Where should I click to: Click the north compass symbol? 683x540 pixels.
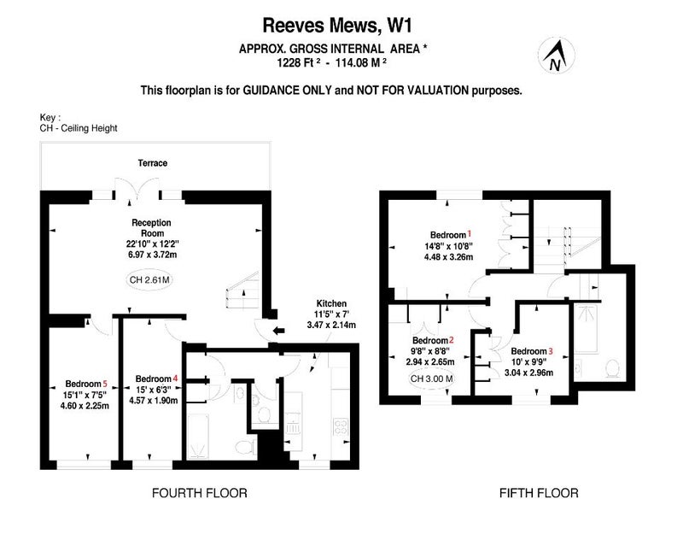(557, 56)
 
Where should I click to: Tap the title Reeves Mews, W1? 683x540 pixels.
(336, 26)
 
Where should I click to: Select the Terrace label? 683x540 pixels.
(153, 163)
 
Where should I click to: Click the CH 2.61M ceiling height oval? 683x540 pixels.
(149, 279)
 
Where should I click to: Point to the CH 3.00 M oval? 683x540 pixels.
(432, 379)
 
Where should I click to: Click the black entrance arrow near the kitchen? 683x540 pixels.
(278, 331)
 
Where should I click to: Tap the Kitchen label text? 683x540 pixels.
(331, 303)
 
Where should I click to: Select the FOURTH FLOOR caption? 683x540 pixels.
(200, 493)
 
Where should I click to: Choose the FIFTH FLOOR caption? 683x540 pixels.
(539, 493)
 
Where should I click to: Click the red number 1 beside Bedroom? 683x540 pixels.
(470, 233)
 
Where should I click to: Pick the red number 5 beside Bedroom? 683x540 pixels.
(104, 384)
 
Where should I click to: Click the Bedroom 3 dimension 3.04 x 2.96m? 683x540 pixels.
(528, 373)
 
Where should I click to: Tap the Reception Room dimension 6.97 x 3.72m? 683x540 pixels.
(153, 255)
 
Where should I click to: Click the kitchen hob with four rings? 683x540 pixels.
(341, 427)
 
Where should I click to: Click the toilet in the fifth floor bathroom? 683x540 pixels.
(613, 369)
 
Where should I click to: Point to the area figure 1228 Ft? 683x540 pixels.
(295, 62)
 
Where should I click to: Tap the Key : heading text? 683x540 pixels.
(50, 118)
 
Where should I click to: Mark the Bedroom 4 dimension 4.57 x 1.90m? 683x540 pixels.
(154, 400)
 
